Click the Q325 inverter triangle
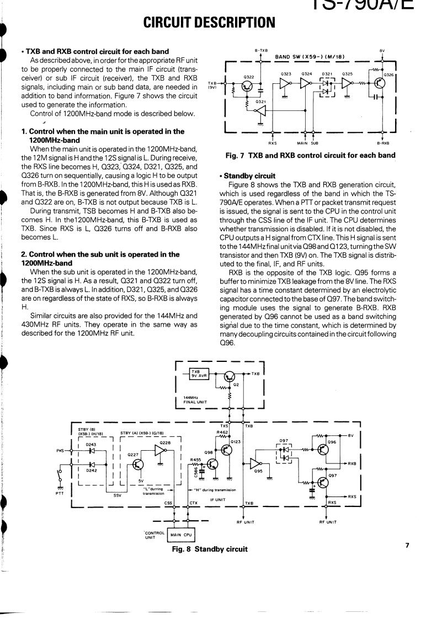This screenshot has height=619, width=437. click(347, 83)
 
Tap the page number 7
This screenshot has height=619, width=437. click(407, 546)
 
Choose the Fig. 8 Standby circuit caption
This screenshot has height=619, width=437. click(210, 549)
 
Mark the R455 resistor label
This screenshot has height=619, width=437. click(195, 459)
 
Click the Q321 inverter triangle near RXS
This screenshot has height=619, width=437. click(258, 111)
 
